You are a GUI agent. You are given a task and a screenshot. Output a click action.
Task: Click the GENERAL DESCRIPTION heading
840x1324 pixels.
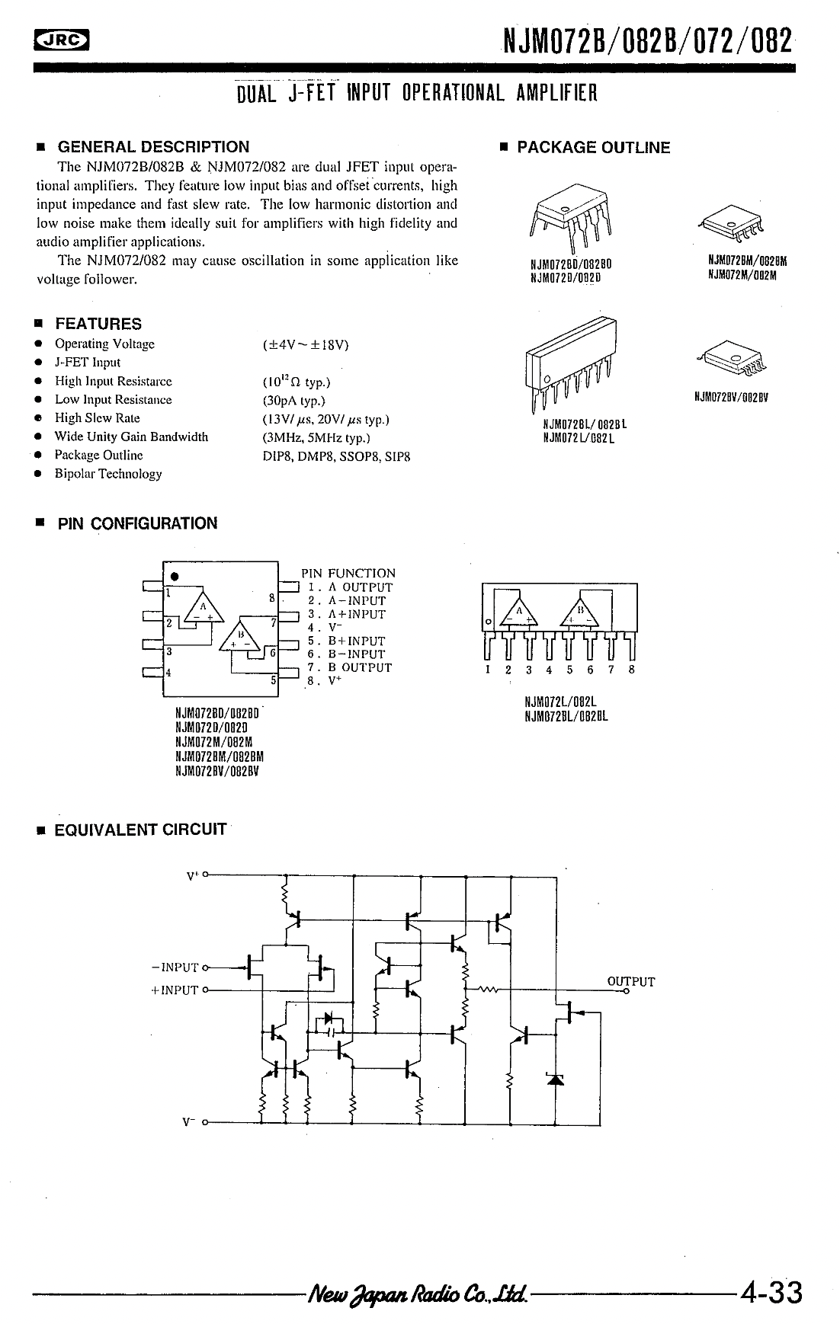153,147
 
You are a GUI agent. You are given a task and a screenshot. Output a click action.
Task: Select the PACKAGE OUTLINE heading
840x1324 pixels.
593,148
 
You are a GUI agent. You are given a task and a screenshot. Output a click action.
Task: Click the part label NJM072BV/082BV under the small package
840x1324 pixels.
730,397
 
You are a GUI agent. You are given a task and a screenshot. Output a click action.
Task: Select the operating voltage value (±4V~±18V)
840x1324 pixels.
306,344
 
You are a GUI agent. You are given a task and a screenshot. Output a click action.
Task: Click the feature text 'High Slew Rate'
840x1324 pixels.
98,418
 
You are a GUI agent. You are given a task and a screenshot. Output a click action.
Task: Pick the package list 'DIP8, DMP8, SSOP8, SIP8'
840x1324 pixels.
336,456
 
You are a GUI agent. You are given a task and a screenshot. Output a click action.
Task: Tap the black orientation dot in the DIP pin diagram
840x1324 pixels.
175,576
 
